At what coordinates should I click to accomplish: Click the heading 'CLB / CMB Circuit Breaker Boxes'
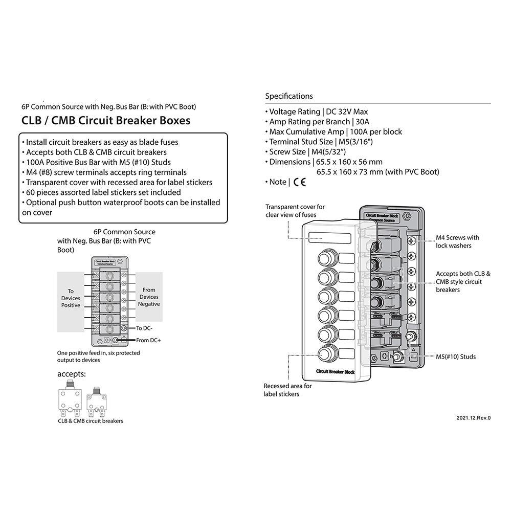tap(106, 121)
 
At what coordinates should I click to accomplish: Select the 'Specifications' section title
tap(288, 96)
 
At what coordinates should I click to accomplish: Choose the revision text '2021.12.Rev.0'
tap(473, 418)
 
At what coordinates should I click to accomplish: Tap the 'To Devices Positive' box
tap(71, 298)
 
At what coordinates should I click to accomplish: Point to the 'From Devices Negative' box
tap(149, 297)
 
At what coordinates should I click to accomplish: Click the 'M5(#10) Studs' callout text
tap(455, 357)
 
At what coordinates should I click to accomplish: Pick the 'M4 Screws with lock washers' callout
tap(457, 241)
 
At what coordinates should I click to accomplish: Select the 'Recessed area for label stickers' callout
tap(287, 390)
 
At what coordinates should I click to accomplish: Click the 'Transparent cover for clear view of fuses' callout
tap(295, 211)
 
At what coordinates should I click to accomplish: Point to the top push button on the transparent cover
tap(326, 258)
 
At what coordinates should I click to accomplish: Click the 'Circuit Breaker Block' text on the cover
tap(335, 372)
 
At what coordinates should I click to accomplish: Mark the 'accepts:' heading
tap(71, 374)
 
